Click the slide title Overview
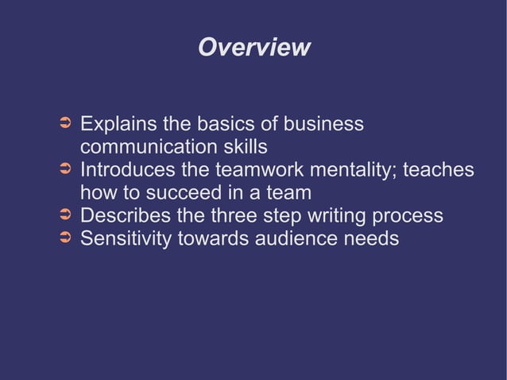(253, 48)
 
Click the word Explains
(119, 126)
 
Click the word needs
(373, 238)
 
